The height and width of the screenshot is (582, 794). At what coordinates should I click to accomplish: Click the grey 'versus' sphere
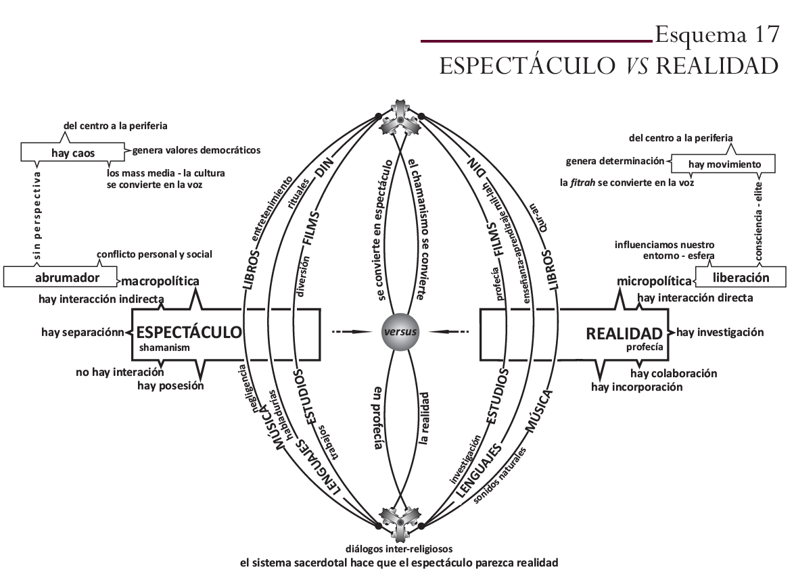point(400,332)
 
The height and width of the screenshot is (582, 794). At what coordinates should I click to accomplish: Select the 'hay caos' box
point(73,153)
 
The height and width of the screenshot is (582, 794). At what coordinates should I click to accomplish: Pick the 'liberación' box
point(741,277)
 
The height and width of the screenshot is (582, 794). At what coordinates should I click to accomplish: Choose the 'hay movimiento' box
point(724,164)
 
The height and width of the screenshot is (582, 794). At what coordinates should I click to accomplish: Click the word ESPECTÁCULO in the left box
point(189,332)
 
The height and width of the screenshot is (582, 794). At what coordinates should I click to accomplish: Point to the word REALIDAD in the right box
point(624,333)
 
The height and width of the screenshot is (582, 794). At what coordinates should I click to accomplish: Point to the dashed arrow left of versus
point(352,332)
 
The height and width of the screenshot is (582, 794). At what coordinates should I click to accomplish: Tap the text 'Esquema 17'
point(718,34)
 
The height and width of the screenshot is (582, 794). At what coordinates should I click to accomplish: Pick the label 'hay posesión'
point(170,386)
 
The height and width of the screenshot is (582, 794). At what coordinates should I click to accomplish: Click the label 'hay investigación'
point(720,332)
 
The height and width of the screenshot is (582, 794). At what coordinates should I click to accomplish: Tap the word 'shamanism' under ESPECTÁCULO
point(165,347)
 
